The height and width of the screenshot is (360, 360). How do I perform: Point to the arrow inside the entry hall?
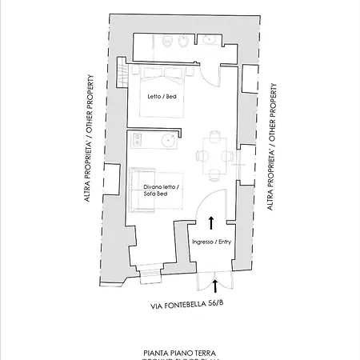tap(211, 222)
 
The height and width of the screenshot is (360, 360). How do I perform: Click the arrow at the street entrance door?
tap(214, 286)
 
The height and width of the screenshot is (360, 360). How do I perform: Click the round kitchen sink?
tap(168, 140)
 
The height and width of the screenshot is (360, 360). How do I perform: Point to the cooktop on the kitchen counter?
tap(137, 140)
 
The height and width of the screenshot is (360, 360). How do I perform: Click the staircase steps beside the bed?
tap(123, 76)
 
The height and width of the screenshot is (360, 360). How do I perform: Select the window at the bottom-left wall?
tap(150, 275)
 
